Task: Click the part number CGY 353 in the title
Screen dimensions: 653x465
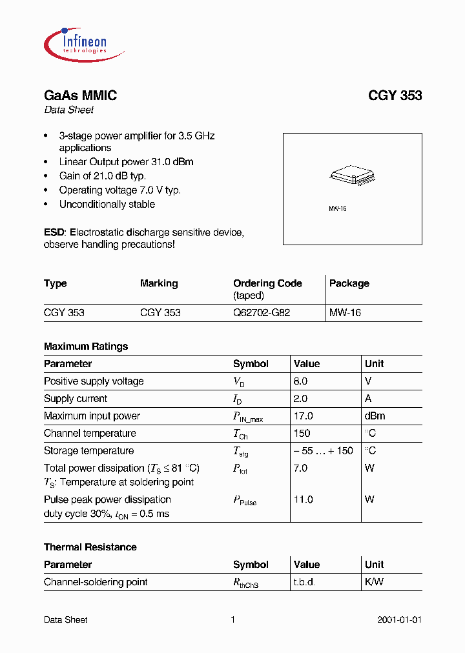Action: [x=395, y=95]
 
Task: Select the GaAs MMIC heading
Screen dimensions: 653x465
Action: [x=80, y=95]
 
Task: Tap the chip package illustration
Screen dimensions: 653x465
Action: [x=352, y=175]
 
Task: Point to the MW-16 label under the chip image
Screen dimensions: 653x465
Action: [x=338, y=209]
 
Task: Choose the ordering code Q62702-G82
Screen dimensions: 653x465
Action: [x=262, y=312]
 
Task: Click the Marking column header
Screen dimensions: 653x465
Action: [x=159, y=283]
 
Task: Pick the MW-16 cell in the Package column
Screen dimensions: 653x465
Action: [x=346, y=312]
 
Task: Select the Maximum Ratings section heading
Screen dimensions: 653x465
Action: [x=86, y=347]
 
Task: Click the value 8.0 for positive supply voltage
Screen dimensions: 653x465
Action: [x=301, y=381]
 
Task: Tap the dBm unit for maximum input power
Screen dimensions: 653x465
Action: [x=376, y=416]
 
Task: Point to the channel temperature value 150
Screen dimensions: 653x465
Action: [x=302, y=434]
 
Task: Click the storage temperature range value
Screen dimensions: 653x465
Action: [x=324, y=451]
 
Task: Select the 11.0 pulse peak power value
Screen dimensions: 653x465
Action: [x=304, y=499]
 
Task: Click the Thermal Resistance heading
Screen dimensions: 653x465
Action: [x=90, y=547]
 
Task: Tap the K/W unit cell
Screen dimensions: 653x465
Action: [x=374, y=582]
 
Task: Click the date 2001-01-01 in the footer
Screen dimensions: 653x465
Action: [x=399, y=620]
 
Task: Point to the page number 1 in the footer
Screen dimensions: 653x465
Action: [x=232, y=620]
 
